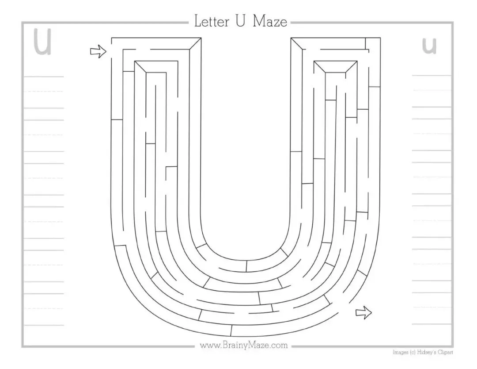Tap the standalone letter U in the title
tap(240, 22)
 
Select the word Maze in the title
tap(270, 22)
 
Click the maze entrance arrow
tap(98, 51)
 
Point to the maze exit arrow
tap(363, 313)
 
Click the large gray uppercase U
tap(43, 43)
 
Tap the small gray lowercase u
tap(429, 46)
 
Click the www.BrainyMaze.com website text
tap(244, 345)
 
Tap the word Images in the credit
tap(400, 353)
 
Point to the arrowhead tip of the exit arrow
tap(371, 313)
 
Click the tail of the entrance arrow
tap(92, 51)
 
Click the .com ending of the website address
tap(279, 345)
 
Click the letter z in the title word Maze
tap(276, 23)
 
